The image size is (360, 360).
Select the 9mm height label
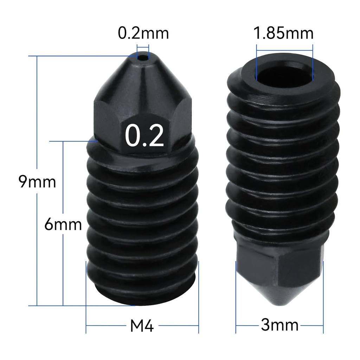[x=37, y=182]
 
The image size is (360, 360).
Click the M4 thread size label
[x=142, y=326]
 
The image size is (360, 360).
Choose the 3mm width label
[x=279, y=325]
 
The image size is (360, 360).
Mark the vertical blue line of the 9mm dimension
[x=37, y=246]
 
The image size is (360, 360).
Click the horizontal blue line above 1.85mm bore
[x=284, y=45]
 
